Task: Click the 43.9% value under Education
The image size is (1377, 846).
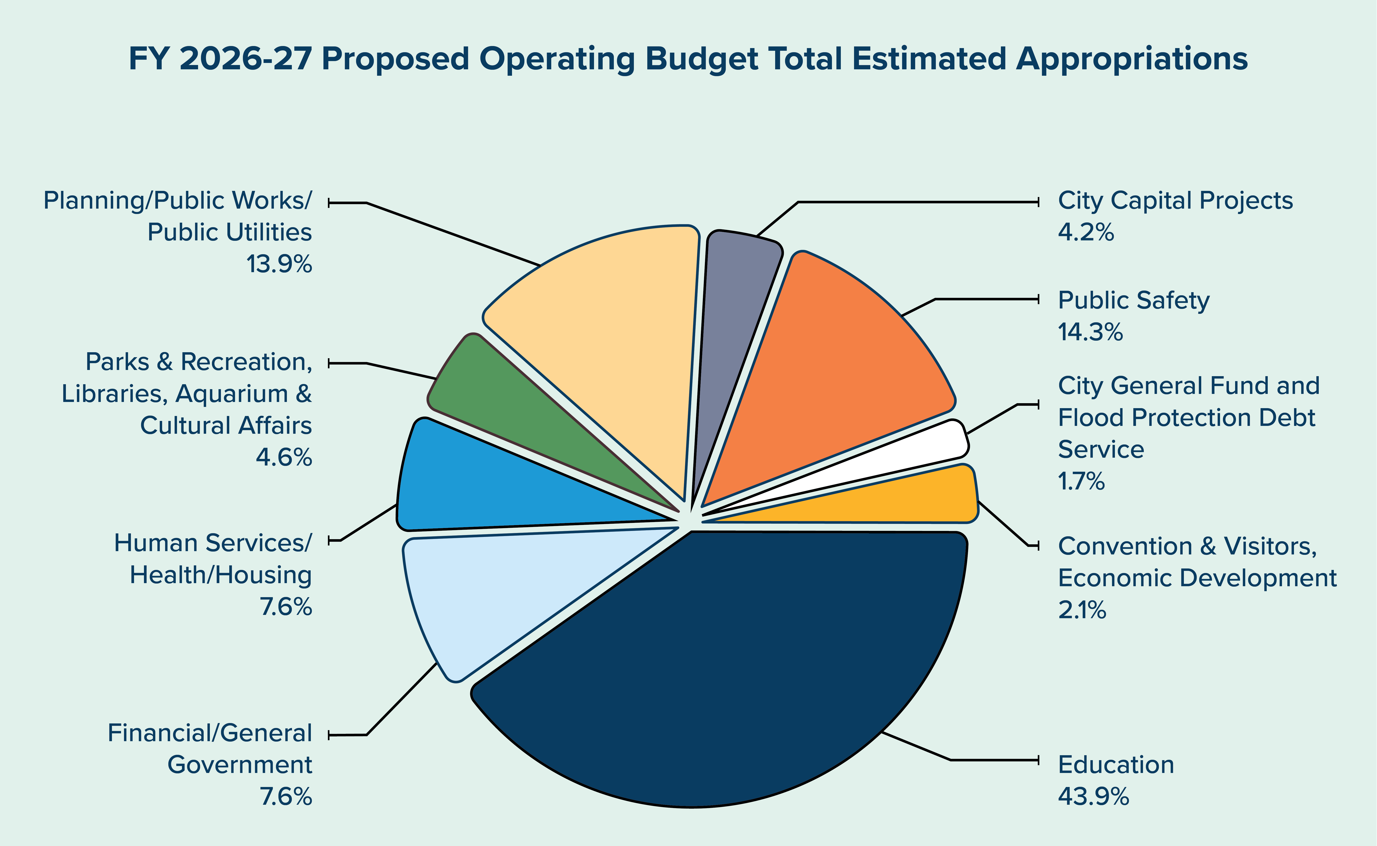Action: (1093, 796)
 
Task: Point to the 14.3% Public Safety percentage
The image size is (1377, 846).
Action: (1090, 332)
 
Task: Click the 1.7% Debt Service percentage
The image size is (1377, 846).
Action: (1081, 481)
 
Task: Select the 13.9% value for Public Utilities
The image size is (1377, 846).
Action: (279, 264)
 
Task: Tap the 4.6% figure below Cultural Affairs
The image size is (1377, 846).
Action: (284, 458)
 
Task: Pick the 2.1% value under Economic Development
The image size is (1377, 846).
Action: (1082, 610)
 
